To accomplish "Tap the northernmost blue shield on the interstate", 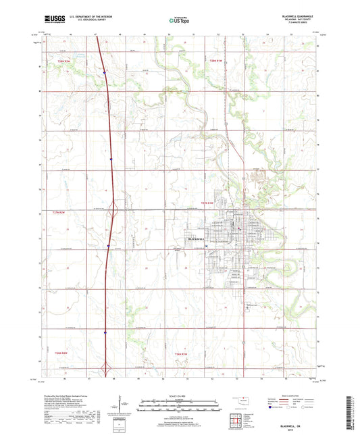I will coord(104,69).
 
